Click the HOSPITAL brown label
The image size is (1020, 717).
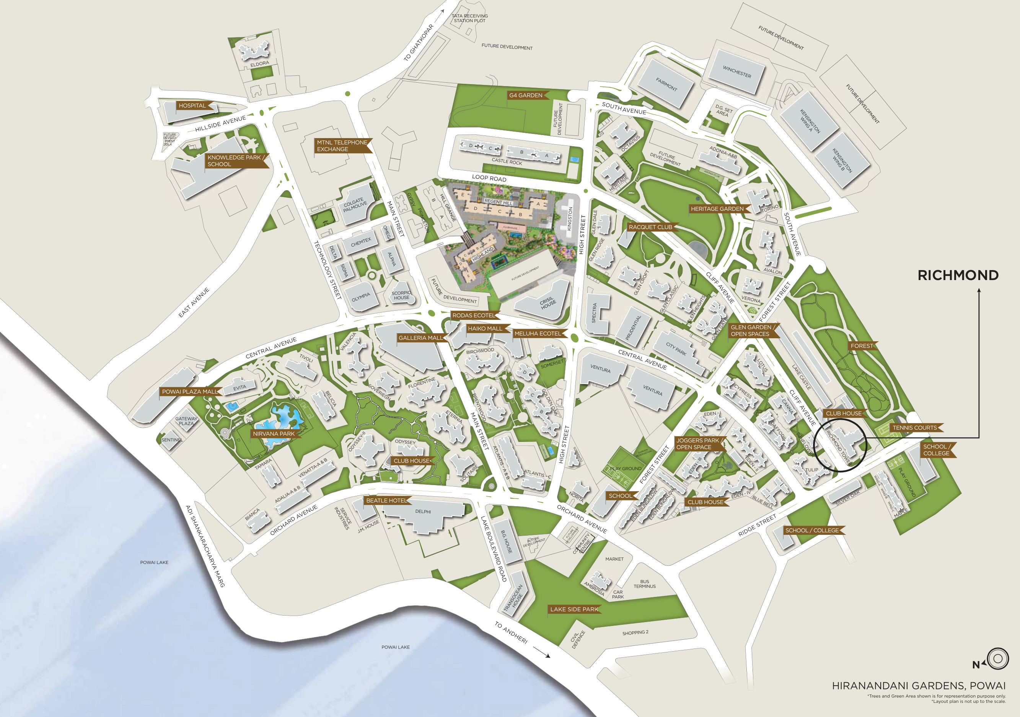coord(192,106)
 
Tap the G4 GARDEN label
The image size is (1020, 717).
coord(526,95)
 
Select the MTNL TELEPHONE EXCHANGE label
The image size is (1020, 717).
coord(342,146)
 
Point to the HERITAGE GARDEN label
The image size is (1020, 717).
coord(717,209)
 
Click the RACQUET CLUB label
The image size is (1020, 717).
coord(650,227)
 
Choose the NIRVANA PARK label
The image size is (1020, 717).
coord(274,433)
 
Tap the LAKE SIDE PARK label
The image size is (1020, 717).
coord(574,609)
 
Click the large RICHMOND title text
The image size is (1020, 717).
coord(958,275)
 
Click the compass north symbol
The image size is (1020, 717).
coord(997,658)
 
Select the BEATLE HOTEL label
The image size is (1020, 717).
coord(386,500)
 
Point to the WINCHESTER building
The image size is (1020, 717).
coord(736,72)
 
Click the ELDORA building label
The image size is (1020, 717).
coord(259,64)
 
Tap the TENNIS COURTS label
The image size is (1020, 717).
coord(914,428)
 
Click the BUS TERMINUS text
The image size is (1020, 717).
coord(645,584)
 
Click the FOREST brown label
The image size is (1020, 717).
coord(862,345)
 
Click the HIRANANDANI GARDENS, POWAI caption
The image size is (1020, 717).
coord(918,686)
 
